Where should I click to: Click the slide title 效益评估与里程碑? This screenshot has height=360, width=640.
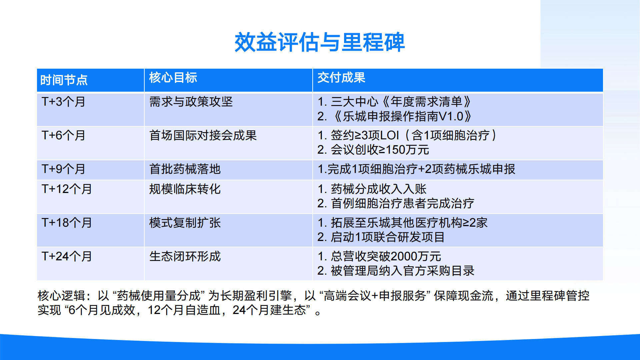[x=320, y=42]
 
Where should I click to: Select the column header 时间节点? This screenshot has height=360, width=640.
[x=64, y=80]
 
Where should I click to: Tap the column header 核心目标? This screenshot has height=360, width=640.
[x=173, y=77]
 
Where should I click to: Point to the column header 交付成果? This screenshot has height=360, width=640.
[x=341, y=77]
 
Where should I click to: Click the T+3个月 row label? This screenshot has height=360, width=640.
[x=63, y=102]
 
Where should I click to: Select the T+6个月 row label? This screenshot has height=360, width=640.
[x=63, y=135]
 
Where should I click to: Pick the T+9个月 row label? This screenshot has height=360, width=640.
[x=63, y=169]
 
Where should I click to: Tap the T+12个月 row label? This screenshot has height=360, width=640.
[x=67, y=189]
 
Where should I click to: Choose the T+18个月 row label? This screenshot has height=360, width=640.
[x=67, y=223]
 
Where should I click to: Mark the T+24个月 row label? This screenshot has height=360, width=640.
[x=67, y=256]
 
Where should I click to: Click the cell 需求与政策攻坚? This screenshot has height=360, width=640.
[x=191, y=102]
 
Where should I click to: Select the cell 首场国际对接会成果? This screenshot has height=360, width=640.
[x=203, y=135]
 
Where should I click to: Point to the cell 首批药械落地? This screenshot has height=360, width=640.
[x=185, y=169]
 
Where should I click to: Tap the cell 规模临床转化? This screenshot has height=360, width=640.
[x=185, y=189]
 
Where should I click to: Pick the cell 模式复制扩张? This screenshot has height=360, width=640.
[x=185, y=223]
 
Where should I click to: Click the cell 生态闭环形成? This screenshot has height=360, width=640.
[x=185, y=256]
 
